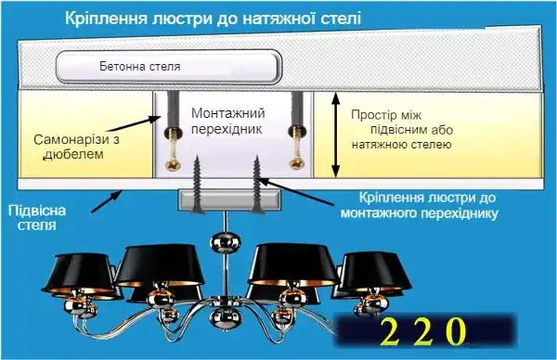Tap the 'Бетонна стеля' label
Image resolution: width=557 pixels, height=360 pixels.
(139, 67)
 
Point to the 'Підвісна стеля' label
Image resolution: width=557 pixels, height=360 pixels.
(30, 216)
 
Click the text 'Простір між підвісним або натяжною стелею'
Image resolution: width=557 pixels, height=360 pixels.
(401, 130)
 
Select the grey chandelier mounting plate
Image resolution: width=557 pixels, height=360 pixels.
(228, 199)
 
